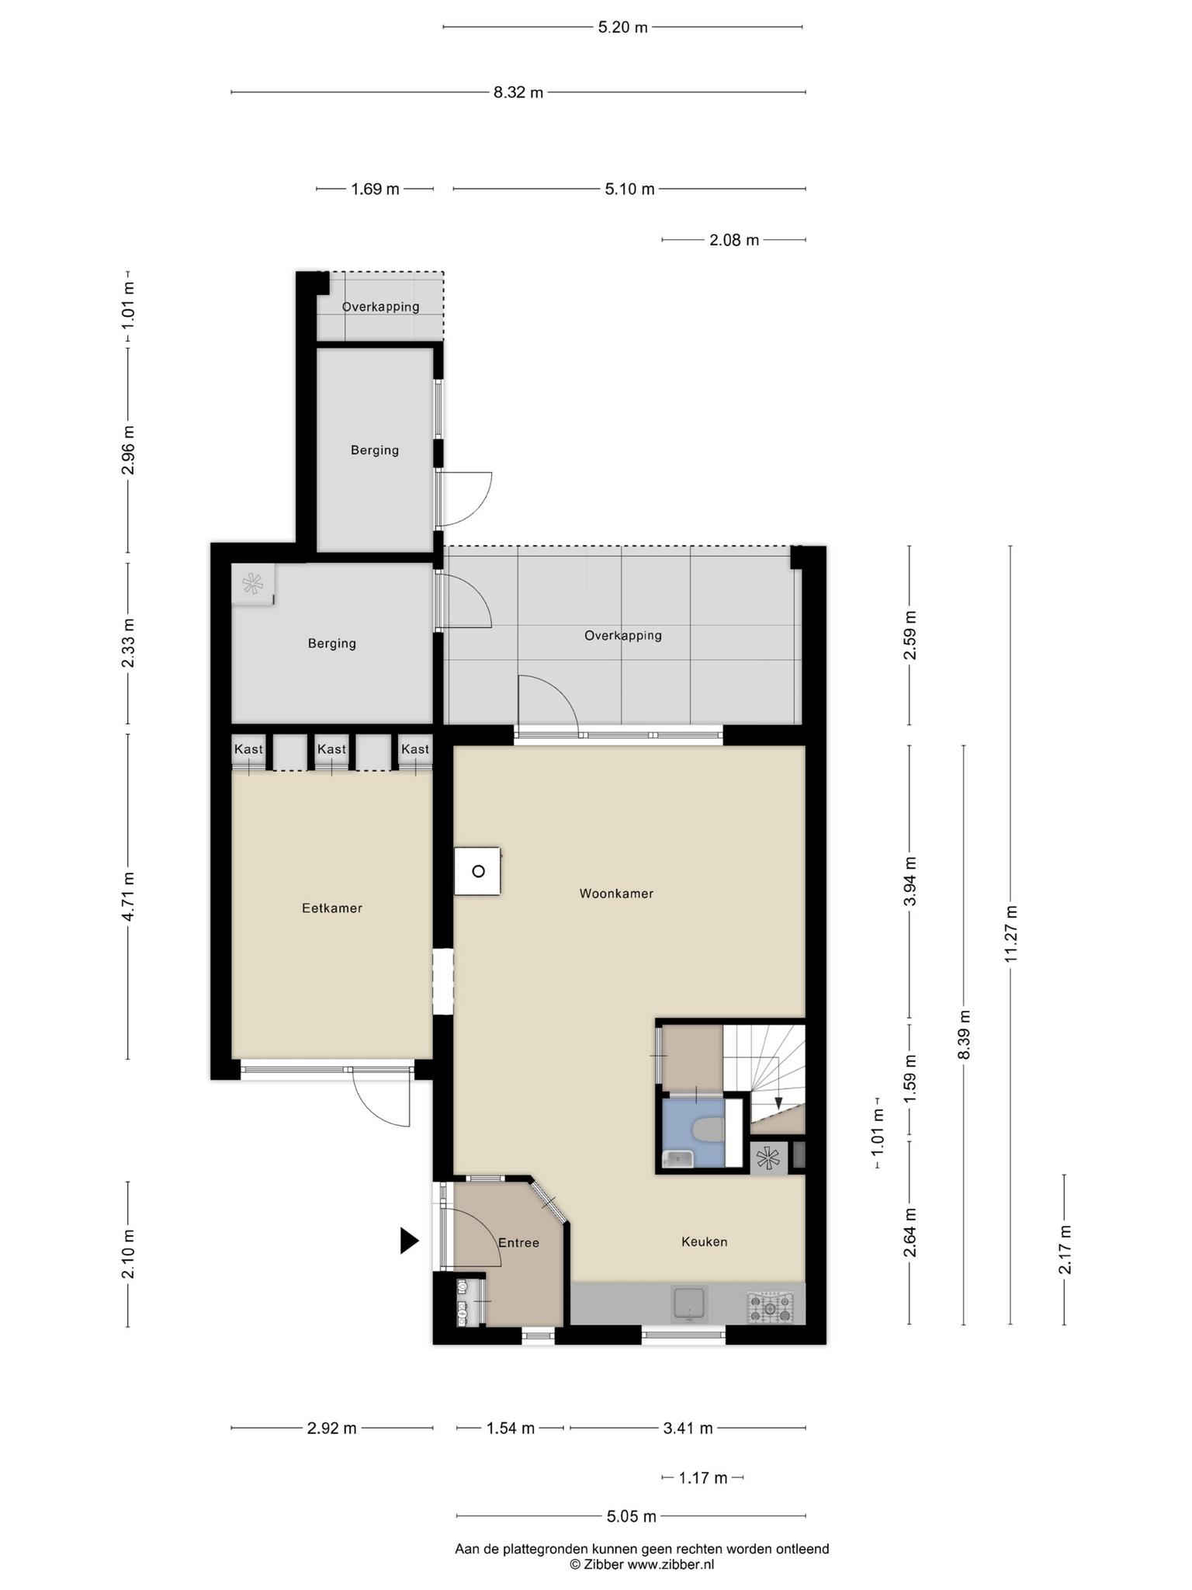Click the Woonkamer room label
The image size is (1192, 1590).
pyautogui.click(x=616, y=894)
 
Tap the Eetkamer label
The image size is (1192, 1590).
pyautogui.click(x=332, y=908)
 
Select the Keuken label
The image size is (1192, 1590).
pyautogui.click(x=705, y=1241)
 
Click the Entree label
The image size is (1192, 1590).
pyautogui.click(x=518, y=1243)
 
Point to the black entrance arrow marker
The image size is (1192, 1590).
pyautogui.click(x=409, y=1241)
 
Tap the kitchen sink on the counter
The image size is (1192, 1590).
pyautogui.click(x=690, y=1304)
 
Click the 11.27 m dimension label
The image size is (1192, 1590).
pyautogui.click(x=1010, y=934)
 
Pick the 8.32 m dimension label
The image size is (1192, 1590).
pyautogui.click(x=518, y=92)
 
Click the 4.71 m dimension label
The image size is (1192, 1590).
pyautogui.click(x=128, y=896)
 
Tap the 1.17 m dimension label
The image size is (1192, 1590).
pyautogui.click(x=703, y=1477)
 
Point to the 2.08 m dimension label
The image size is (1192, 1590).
pyautogui.click(x=734, y=240)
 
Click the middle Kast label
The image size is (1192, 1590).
pyautogui.click(x=331, y=749)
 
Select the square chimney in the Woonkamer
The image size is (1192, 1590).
pyautogui.click(x=478, y=871)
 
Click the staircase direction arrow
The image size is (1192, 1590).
pyautogui.click(x=778, y=1103)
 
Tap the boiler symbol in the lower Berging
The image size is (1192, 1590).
pyautogui.click(x=253, y=583)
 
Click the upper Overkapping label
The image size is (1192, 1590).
pyautogui.click(x=380, y=307)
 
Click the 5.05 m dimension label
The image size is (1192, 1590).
pyautogui.click(x=631, y=1515)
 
